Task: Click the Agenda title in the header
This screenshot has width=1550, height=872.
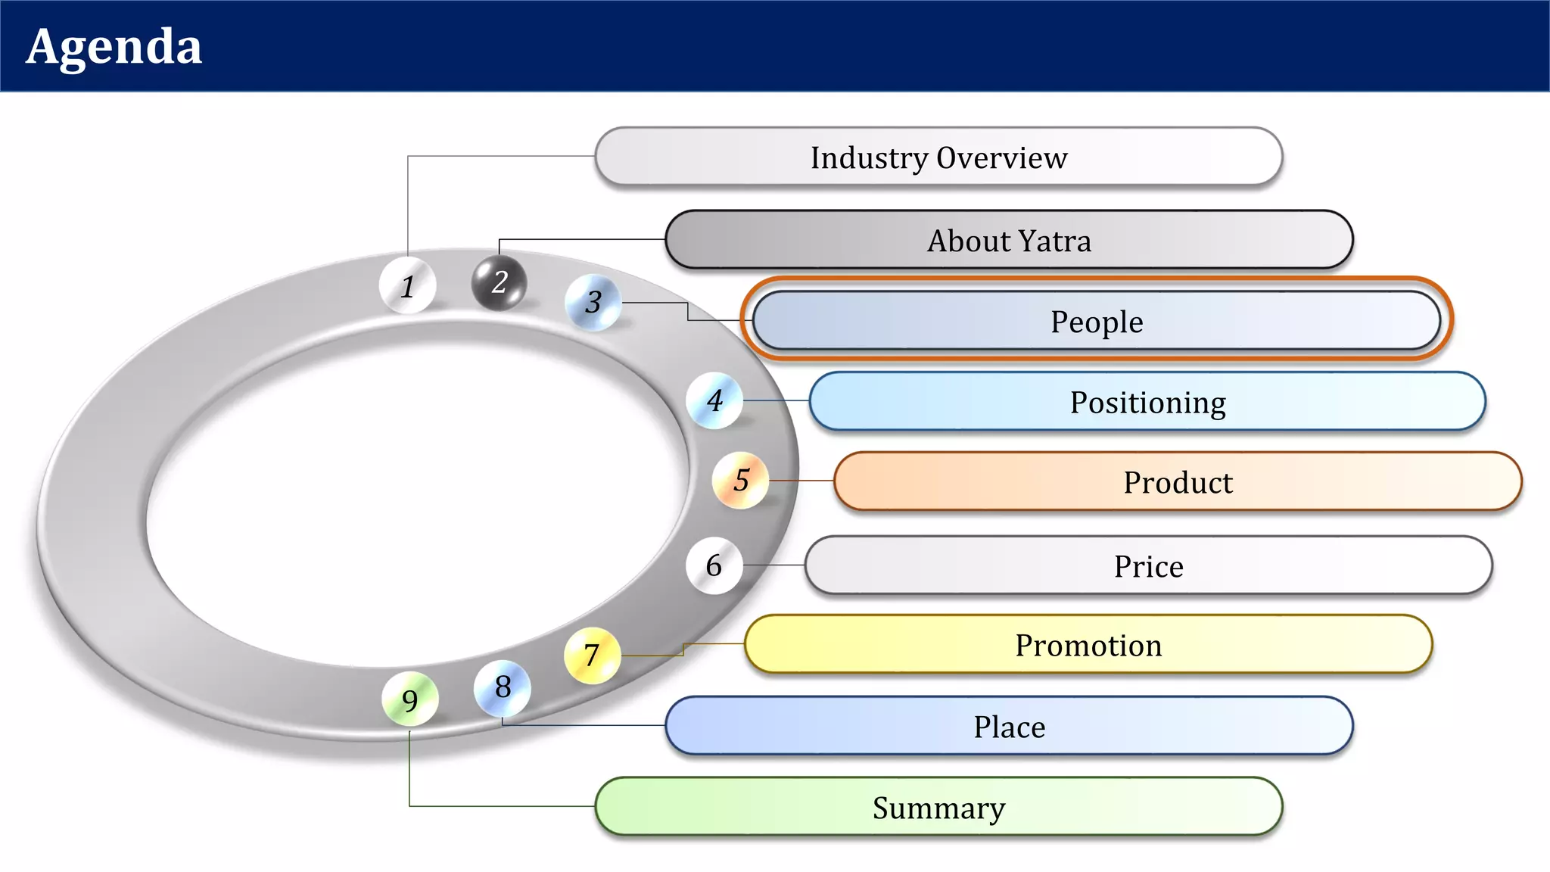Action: (x=114, y=47)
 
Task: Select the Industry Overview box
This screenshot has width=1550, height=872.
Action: (x=938, y=157)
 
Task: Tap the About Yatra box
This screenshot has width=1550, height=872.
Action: (x=1009, y=240)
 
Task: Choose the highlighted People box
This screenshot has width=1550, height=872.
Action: (x=1096, y=321)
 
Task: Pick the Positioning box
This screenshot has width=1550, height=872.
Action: (x=1147, y=401)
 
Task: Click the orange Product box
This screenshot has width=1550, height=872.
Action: (x=1177, y=481)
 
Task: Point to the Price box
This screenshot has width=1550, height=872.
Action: (x=1148, y=565)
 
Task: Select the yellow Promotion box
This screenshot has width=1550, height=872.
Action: (x=1088, y=644)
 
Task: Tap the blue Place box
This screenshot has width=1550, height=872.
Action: (x=1009, y=726)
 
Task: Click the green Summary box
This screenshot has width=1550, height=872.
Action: (x=938, y=807)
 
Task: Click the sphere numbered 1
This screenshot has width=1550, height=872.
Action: (x=408, y=285)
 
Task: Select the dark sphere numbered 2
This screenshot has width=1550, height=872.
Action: (x=499, y=282)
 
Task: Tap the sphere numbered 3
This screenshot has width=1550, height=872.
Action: (x=593, y=302)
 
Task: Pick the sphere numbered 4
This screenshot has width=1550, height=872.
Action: (x=714, y=400)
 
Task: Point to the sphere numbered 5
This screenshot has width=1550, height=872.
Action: (x=741, y=480)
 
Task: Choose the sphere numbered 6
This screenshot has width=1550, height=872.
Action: (x=714, y=565)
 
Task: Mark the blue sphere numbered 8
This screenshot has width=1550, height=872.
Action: (x=503, y=687)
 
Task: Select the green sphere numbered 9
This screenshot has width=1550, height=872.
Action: (x=410, y=700)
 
